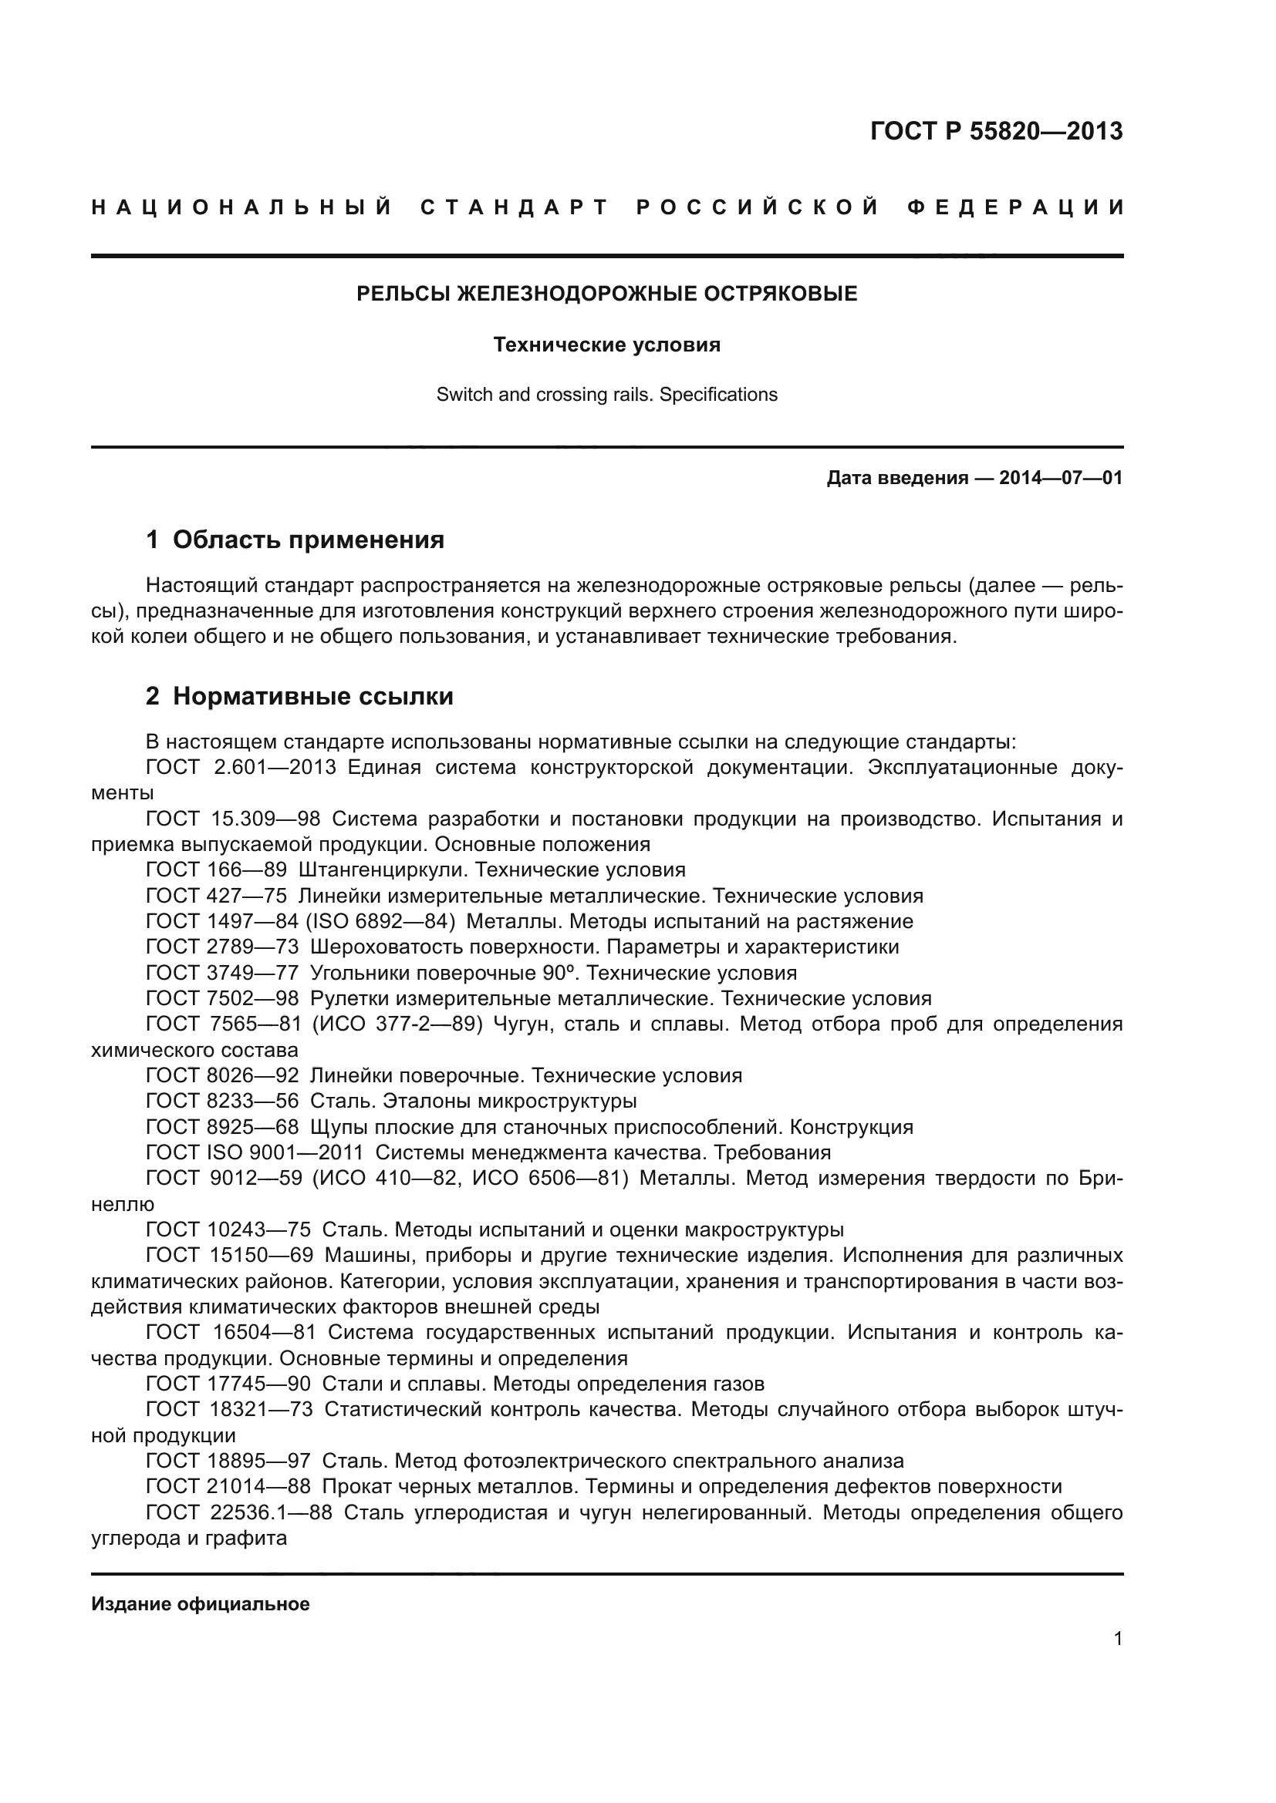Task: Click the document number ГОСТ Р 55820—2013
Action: point(996,131)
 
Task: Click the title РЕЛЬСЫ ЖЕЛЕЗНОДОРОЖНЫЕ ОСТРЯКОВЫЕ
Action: point(606,294)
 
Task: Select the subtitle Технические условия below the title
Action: point(606,345)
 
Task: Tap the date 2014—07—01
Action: point(1060,477)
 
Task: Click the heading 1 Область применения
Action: point(295,540)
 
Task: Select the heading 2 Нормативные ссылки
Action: point(299,696)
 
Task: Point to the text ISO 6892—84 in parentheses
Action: point(380,921)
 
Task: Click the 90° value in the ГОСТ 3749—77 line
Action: point(560,973)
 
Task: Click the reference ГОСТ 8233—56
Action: point(222,1101)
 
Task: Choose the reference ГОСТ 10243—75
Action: point(228,1229)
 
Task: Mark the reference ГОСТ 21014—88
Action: point(228,1486)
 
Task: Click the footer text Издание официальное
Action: point(201,1604)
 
